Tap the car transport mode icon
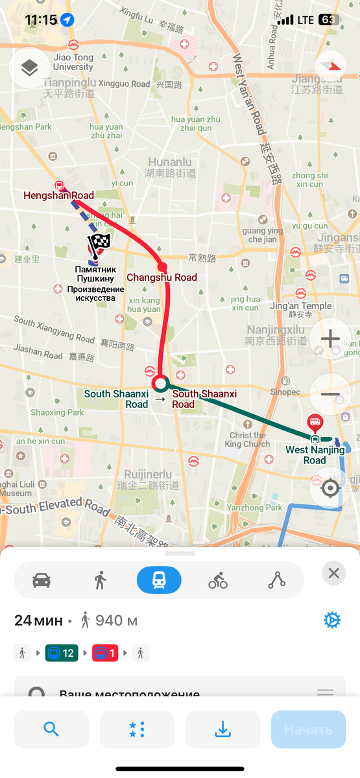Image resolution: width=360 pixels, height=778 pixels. (x=42, y=580)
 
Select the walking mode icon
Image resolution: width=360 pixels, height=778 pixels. (x=100, y=580)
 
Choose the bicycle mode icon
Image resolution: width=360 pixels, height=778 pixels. (x=218, y=580)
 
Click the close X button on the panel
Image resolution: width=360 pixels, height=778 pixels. (x=333, y=573)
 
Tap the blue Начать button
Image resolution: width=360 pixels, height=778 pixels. (x=308, y=729)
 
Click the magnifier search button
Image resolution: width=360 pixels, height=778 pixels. (x=51, y=729)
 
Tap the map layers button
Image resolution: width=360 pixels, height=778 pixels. (x=29, y=67)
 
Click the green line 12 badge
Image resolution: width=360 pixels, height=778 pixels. (x=62, y=653)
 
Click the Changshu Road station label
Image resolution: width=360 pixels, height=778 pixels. (x=162, y=277)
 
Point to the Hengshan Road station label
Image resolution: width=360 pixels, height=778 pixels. (x=58, y=195)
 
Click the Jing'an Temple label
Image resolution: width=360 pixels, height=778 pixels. (x=300, y=306)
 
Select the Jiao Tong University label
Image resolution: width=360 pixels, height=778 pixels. (x=73, y=62)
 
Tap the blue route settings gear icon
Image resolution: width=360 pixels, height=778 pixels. (x=331, y=620)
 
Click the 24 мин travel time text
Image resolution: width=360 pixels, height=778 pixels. (x=38, y=620)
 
